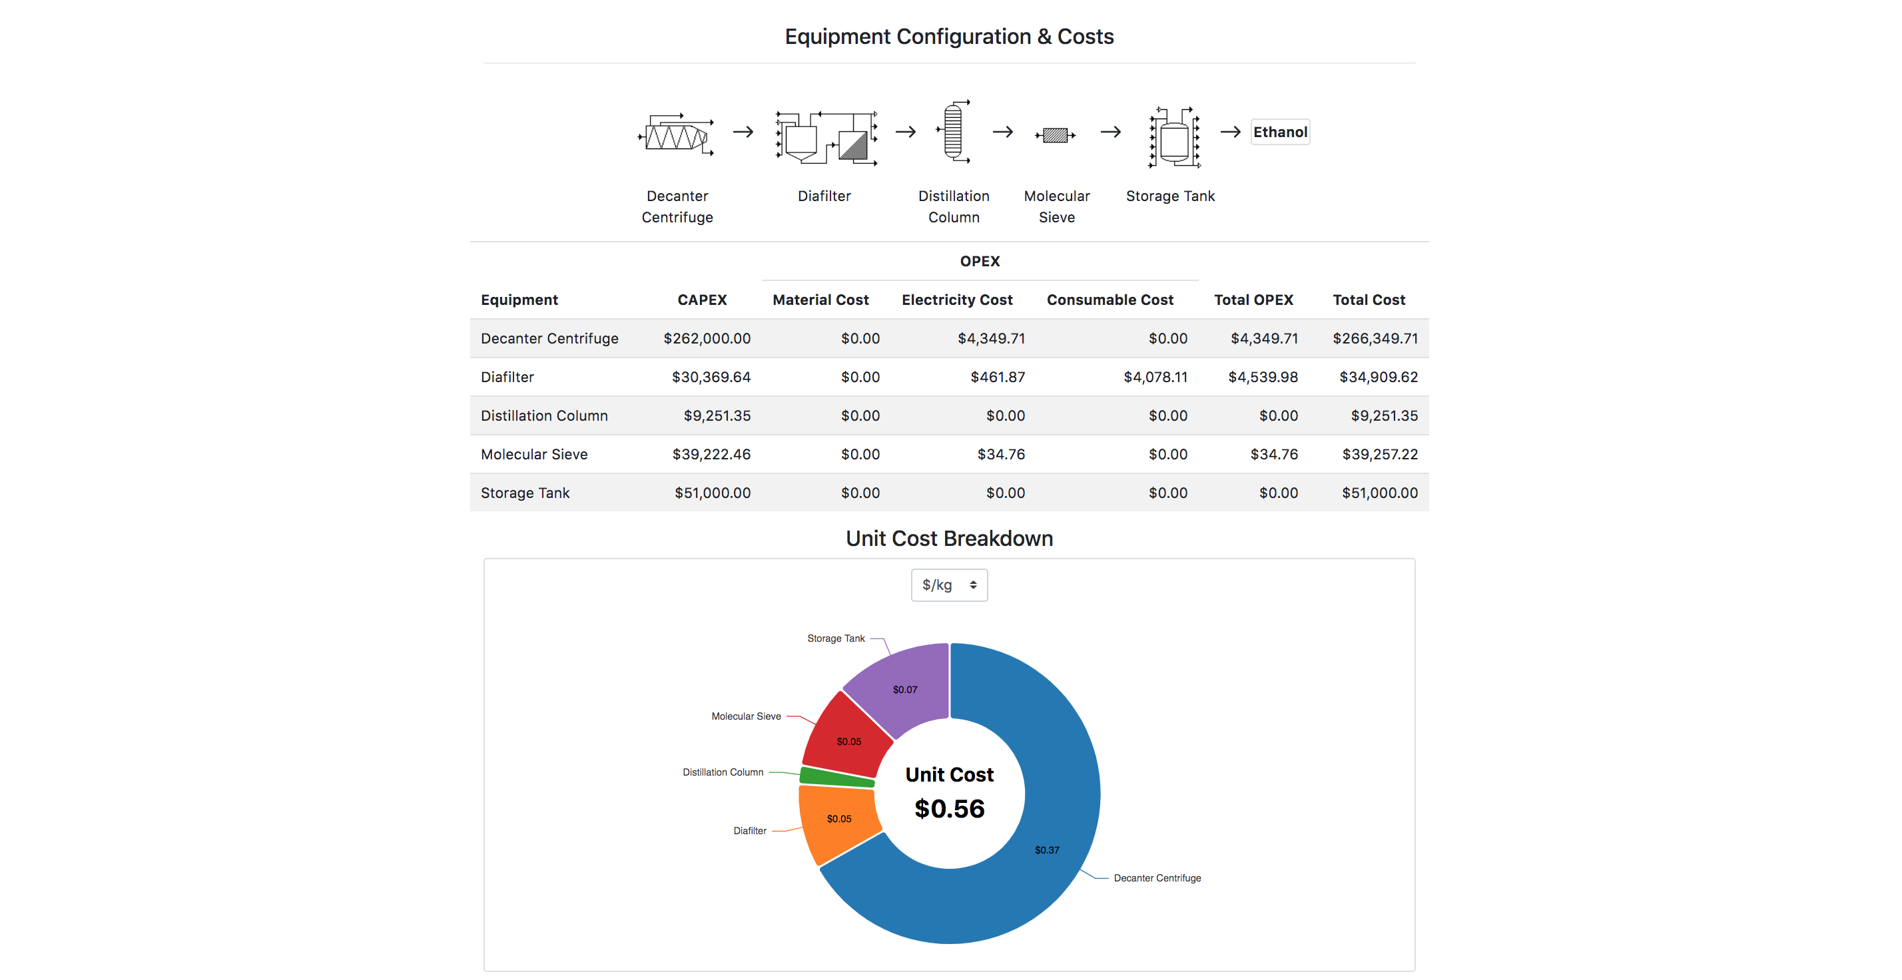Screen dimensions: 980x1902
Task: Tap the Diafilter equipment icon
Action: [x=826, y=136]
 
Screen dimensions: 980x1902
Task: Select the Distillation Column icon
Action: [x=953, y=132]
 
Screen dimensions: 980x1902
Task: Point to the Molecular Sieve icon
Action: [x=1055, y=135]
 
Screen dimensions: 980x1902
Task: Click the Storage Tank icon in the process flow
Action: [x=1173, y=137]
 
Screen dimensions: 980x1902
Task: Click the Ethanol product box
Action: [x=1279, y=132]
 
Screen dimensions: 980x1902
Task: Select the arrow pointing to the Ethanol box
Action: [x=1230, y=132]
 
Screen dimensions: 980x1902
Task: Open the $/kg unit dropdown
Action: [x=949, y=585]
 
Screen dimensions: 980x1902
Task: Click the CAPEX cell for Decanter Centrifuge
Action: [x=707, y=338]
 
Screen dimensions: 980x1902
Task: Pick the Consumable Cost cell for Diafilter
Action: [x=1155, y=377]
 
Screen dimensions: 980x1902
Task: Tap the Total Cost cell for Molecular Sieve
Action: [x=1379, y=454]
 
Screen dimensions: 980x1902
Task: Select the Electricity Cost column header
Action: [x=956, y=300]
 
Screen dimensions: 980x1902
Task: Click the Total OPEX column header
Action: [x=1253, y=300]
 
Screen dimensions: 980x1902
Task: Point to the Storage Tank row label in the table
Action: [x=525, y=492]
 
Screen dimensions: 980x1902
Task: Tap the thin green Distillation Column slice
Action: [x=836, y=777]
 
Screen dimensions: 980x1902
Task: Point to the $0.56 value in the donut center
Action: [x=949, y=809]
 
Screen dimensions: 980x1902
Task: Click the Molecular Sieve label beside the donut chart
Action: [x=746, y=716]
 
